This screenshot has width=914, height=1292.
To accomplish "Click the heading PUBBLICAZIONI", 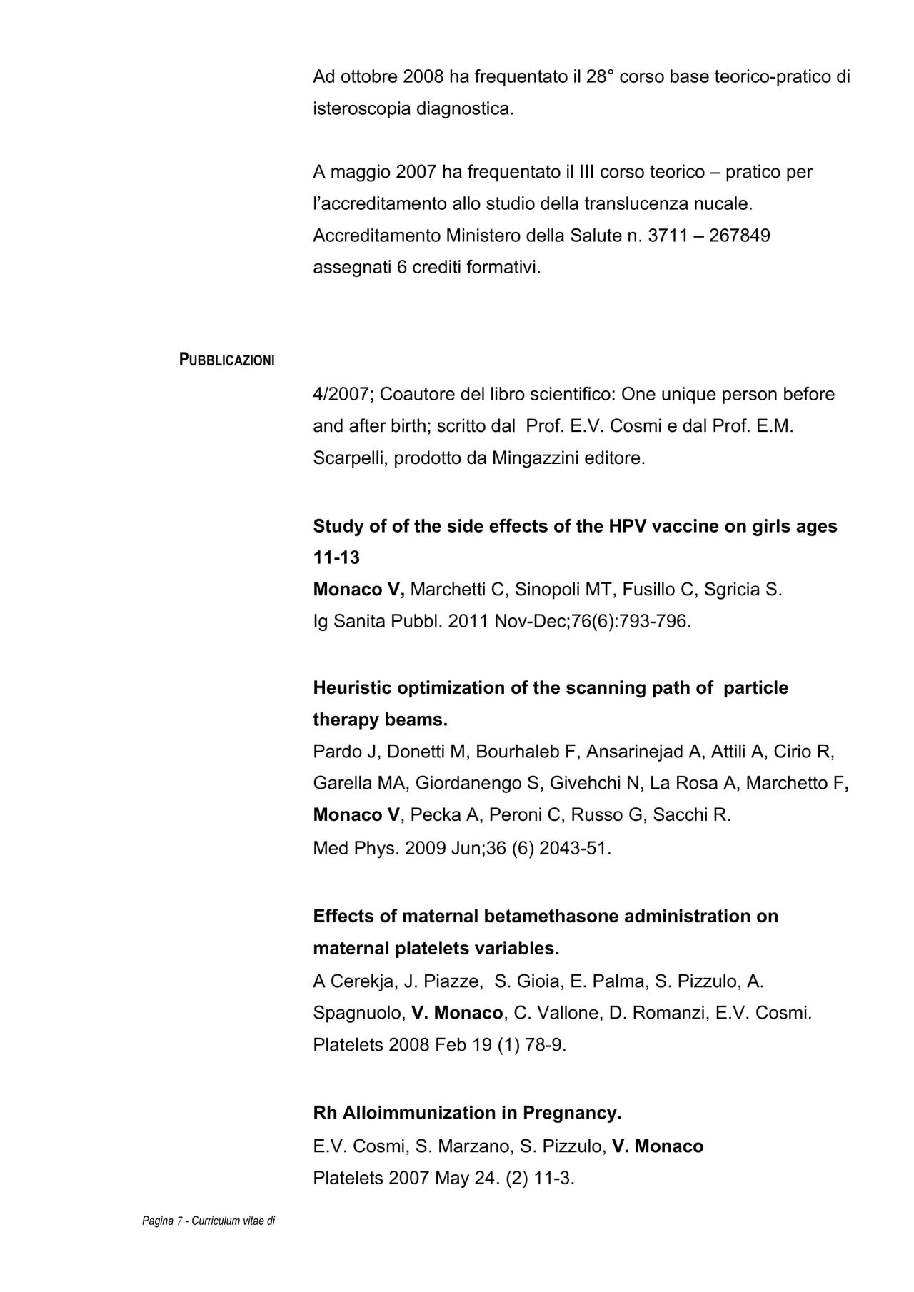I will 226,360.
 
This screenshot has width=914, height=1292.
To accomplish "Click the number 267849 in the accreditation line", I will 740,236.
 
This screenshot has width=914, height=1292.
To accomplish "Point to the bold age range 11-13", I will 336,557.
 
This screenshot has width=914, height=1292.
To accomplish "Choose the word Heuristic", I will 352,687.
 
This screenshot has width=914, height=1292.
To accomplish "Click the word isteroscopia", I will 362,109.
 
